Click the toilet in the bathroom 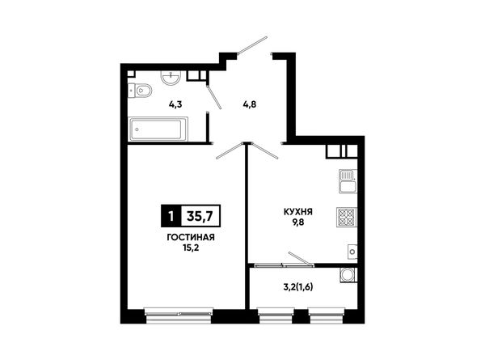point(140,91)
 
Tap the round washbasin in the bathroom point(171,77)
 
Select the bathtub point(158,129)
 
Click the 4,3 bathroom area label point(175,104)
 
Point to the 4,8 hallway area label point(249,104)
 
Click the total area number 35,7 point(200,216)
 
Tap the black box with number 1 point(171,216)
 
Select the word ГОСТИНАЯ point(191,237)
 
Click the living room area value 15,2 point(191,248)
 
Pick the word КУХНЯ point(297,212)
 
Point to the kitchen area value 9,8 point(297,222)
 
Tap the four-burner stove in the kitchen point(347,218)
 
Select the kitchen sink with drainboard point(348,181)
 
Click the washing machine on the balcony point(348,275)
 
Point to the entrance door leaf point(253,45)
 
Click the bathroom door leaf point(214,96)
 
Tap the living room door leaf point(230,150)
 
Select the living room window point(179,312)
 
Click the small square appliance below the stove point(352,252)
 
